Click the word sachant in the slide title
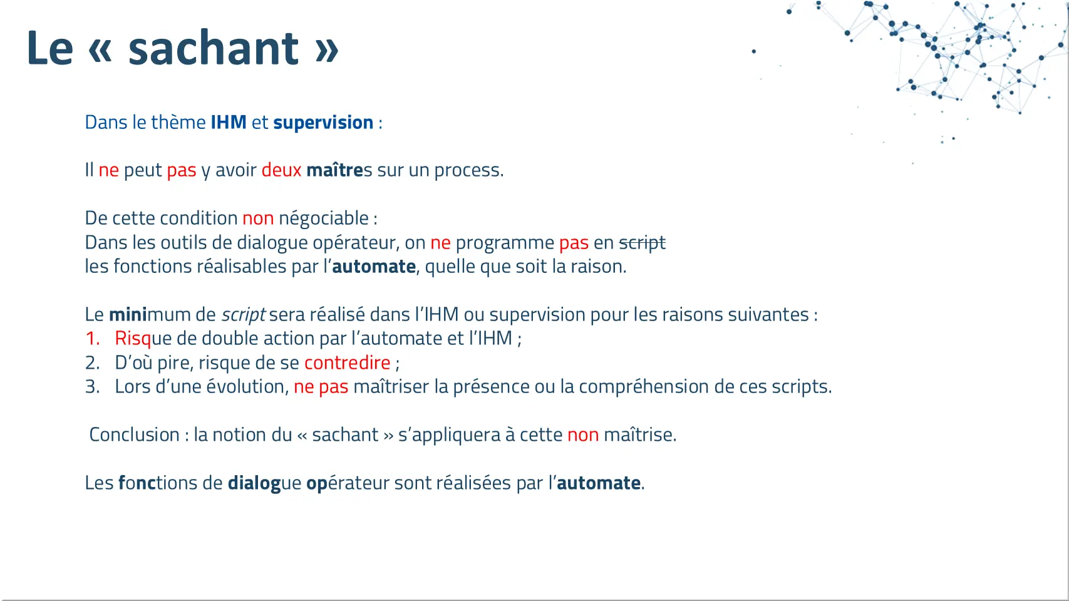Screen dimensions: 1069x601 click(x=214, y=48)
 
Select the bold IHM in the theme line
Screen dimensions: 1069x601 click(x=229, y=123)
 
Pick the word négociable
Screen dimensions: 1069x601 click(x=324, y=218)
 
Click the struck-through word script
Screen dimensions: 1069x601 click(x=642, y=243)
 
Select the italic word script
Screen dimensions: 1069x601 click(x=244, y=315)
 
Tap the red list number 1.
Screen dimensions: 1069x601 click(x=93, y=339)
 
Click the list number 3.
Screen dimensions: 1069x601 click(x=93, y=387)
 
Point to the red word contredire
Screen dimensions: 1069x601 click(x=348, y=363)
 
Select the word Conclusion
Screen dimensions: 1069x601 click(x=134, y=434)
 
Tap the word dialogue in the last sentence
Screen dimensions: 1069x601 click(x=264, y=483)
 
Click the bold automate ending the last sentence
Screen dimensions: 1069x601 click(x=599, y=483)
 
